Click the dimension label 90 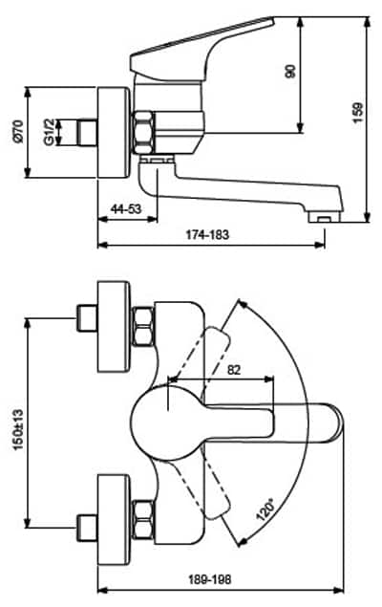pyautogui.click(x=289, y=72)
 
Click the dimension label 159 pyautogui.click(x=357, y=113)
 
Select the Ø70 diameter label pyautogui.click(x=18, y=132)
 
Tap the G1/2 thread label pyautogui.click(x=49, y=133)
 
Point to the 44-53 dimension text pyautogui.click(x=126, y=208)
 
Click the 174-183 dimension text pyautogui.click(x=207, y=234)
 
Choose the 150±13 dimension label pyautogui.click(x=18, y=430)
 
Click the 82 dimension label pyautogui.click(x=234, y=370)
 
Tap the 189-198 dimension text pyautogui.click(x=209, y=579)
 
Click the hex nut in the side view pyautogui.click(x=143, y=132)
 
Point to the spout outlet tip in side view pyautogui.click(x=325, y=217)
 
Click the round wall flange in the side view pyautogui.click(x=113, y=133)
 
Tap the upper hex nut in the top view pyautogui.click(x=142, y=326)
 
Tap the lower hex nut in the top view pyautogui.click(x=142, y=519)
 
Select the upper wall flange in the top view pyautogui.click(x=113, y=326)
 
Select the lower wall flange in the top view pyautogui.click(x=113, y=519)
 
